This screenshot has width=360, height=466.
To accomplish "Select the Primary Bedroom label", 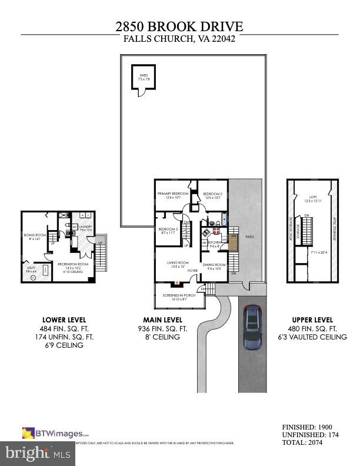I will coord(172,194).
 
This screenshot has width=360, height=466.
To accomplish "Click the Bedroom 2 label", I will coord(213,194).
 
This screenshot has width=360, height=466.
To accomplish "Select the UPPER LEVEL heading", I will coord(308,320).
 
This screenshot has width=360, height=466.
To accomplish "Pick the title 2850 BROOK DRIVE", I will coord(179,26).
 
